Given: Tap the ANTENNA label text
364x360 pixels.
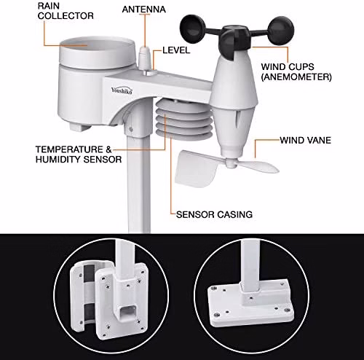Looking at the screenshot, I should coord(144,9).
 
